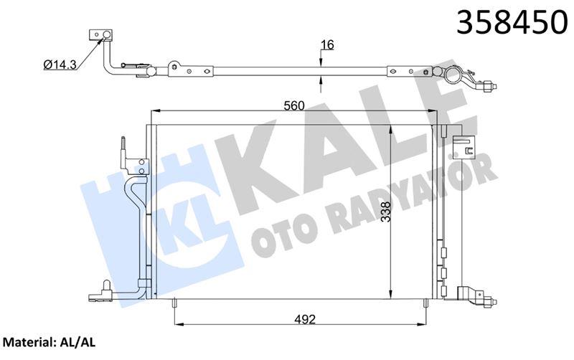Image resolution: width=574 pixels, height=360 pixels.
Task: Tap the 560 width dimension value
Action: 293,105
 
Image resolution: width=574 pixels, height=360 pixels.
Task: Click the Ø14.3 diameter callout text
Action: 60,64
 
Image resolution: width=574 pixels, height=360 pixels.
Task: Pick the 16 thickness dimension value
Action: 327,45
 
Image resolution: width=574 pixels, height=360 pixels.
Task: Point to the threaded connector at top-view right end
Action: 490,87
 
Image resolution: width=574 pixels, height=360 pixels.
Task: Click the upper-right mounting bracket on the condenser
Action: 466,146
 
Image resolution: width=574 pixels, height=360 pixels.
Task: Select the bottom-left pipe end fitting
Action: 94,295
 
